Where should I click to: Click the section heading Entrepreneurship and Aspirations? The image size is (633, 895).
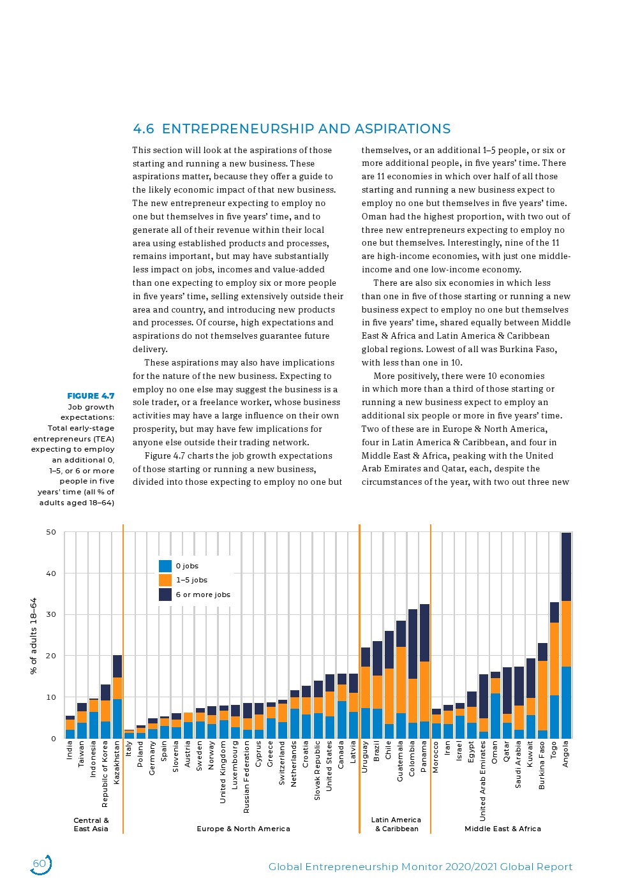point(292,129)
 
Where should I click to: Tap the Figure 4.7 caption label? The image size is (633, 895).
point(91,396)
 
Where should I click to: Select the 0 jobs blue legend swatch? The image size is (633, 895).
point(165,566)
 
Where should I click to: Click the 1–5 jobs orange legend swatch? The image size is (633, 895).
point(165,580)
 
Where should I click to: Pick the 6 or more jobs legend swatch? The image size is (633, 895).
point(165,595)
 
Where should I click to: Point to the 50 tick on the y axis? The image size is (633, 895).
point(50,532)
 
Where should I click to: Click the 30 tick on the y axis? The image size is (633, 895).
point(50,614)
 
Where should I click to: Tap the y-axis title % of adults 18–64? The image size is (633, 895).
point(34,635)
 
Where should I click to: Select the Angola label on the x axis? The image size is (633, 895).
point(565,754)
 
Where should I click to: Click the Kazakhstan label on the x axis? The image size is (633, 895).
point(117,762)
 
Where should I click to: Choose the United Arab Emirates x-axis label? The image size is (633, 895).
point(483,781)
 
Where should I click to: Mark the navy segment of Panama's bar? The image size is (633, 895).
point(424,633)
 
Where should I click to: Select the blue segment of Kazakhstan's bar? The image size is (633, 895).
point(117,718)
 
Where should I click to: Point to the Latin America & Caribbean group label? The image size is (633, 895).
point(396,824)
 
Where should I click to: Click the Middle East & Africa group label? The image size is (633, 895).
point(502,829)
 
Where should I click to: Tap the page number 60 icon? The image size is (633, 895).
point(40,864)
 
